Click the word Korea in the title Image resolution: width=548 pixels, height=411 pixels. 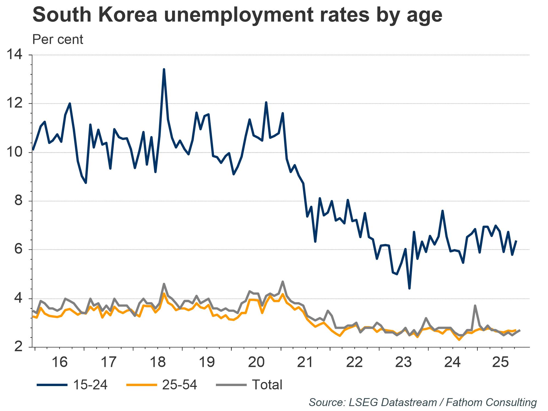pyautogui.click(x=128, y=15)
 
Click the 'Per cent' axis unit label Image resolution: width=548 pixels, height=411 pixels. pyautogui.click(x=58, y=39)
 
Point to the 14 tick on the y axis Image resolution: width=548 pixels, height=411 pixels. pyautogui.click(x=14, y=55)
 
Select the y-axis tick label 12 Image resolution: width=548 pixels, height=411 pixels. pyautogui.click(x=14, y=104)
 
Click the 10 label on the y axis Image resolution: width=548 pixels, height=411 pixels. pyautogui.click(x=14, y=153)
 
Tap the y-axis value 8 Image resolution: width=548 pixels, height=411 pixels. pyautogui.click(x=18, y=201)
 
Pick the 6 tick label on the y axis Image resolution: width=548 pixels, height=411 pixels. pyautogui.click(x=18, y=250)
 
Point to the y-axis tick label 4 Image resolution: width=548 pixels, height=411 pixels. pyautogui.click(x=18, y=299)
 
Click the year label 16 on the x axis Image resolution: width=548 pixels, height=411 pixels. pyautogui.click(x=59, y=362)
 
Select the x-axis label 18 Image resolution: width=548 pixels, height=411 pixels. pyautogui.click(x=158, y=362)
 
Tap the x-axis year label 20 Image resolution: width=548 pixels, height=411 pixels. pyautogui.click(x=256, y=362)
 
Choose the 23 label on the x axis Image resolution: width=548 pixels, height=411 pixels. pyautogui.click(x=404, y=362)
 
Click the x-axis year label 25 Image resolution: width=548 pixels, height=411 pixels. pyautogui.click(x=502, y=362)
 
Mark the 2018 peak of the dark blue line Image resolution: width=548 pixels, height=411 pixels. pyautogui.click(x=164, y=70)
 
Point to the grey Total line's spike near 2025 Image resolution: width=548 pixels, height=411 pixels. pyautogui.click(x=475, y=306)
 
